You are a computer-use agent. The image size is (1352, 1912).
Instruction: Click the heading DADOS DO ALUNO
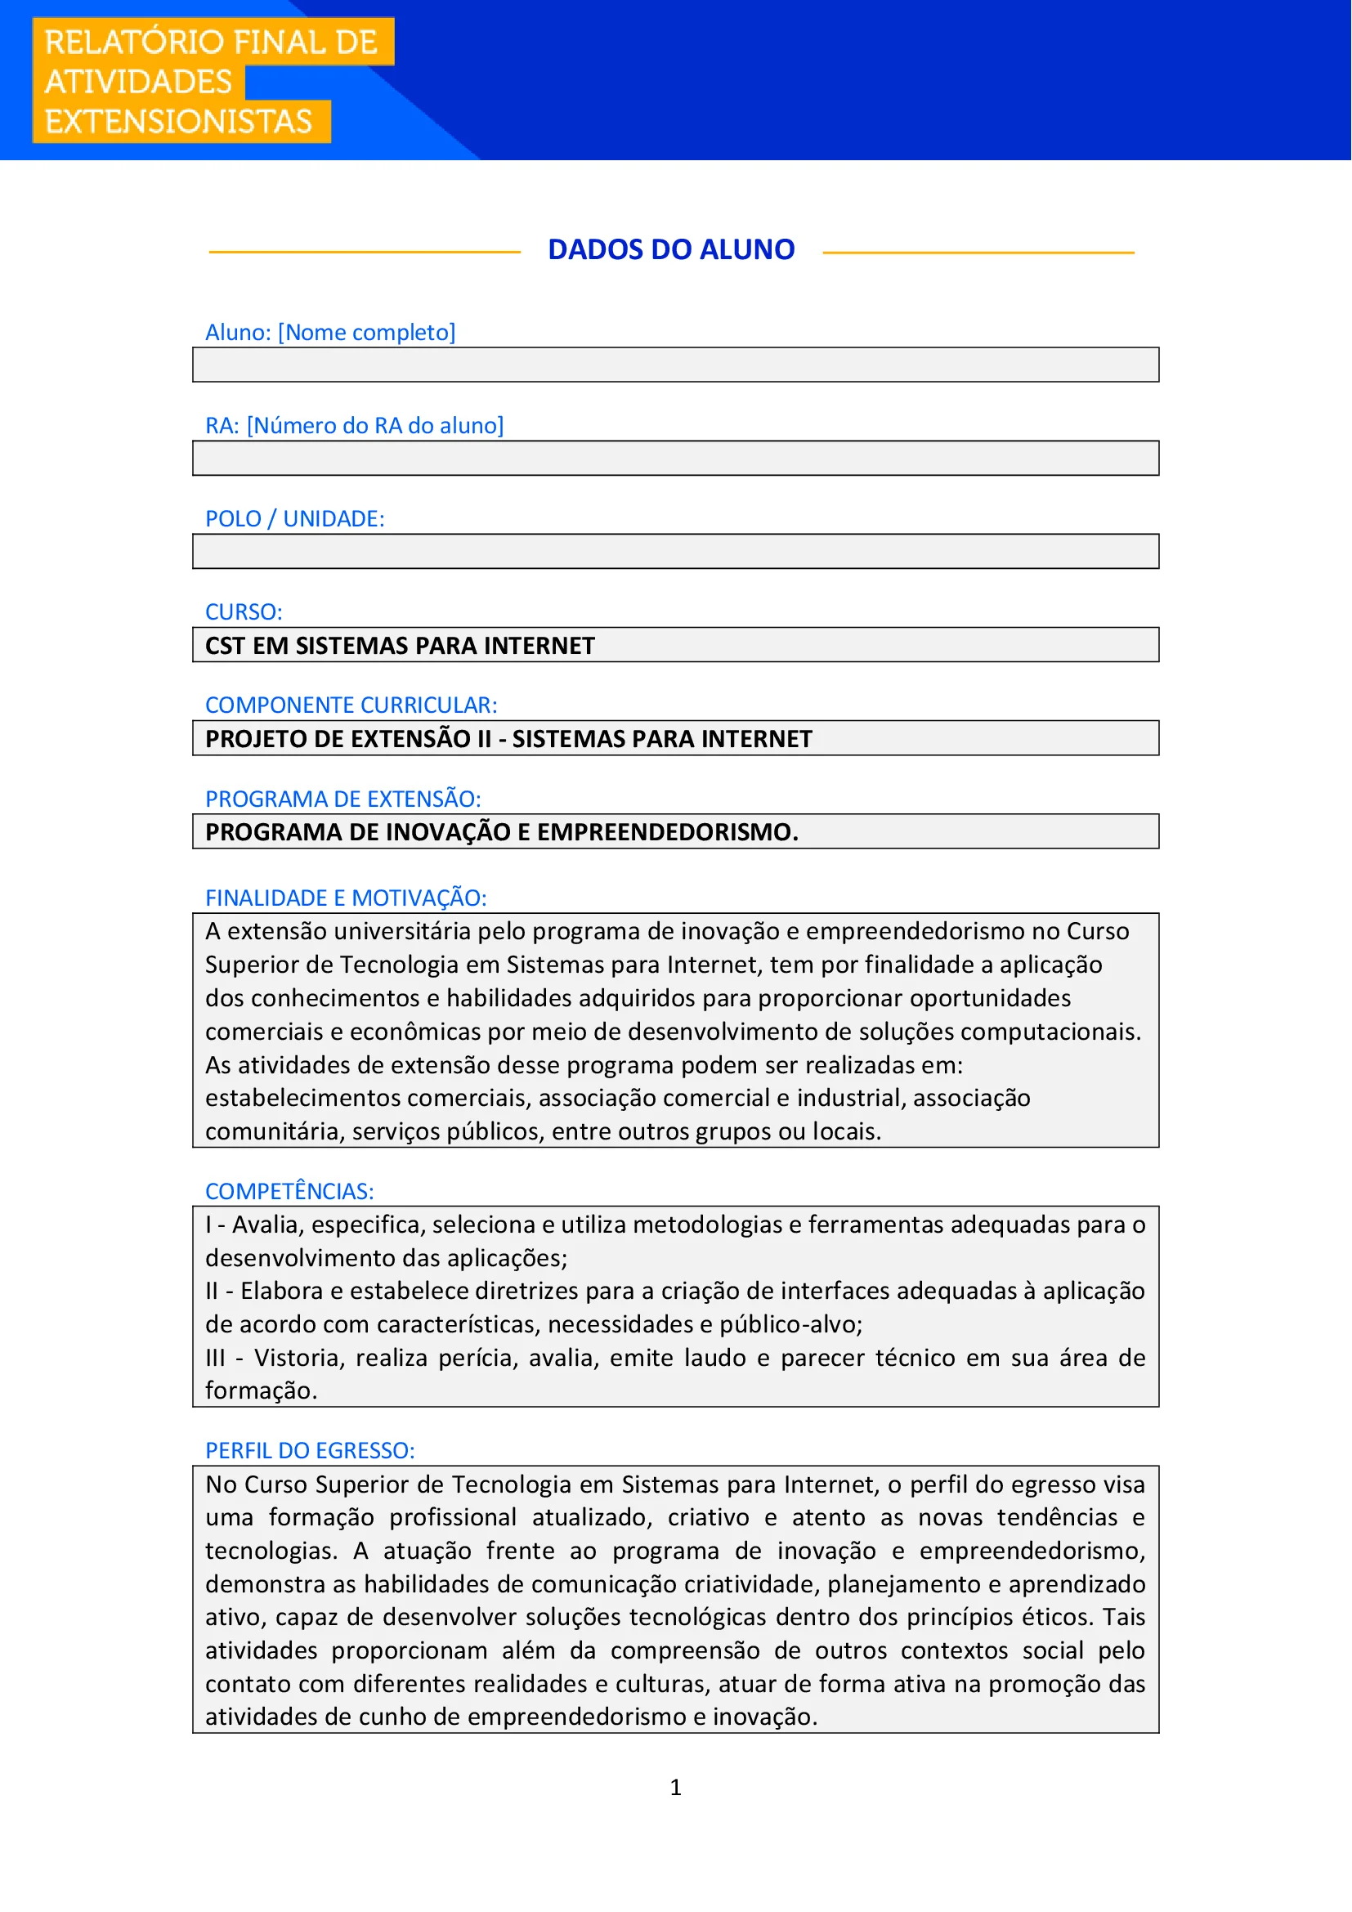click(x=671, y=250)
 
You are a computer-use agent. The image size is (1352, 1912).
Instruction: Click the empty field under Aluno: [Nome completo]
click(x=675, y=365)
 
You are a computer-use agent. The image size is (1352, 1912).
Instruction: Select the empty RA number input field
click(x=675, y=458)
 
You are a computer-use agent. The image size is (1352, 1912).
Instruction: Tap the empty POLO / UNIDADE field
click(x=675, y=551)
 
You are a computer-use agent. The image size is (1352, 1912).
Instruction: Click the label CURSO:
click(x=243, y=612)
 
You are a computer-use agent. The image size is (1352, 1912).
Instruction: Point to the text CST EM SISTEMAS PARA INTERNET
click(x=400, y=647)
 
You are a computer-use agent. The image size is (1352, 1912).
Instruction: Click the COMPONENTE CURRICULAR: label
click(x=351, y=705)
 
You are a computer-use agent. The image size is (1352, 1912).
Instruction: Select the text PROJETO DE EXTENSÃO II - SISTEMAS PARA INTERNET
click(x=508, y=740)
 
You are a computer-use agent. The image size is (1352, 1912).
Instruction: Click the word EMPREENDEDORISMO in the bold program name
click(x=666, y=833)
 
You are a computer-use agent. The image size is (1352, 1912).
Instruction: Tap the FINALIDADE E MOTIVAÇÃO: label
click(x=346, y=898)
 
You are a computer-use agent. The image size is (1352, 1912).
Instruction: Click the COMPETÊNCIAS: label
click(x=289, y=1192)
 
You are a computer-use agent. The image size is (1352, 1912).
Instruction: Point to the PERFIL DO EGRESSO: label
click(x=310, y=1452)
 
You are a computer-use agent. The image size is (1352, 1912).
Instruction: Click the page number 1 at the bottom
click(x=675, y=1788)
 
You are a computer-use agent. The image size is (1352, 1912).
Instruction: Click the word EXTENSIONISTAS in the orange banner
click(x=178, y=122)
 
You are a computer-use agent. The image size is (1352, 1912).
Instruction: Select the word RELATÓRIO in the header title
click(x=134, y=43)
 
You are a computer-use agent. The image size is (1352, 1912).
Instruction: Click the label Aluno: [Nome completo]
click(x=329, y=333)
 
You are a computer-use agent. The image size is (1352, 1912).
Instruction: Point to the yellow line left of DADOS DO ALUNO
click(x=364, y=253)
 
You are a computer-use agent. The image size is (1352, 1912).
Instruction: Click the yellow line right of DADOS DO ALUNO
click(x=978, y=253)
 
